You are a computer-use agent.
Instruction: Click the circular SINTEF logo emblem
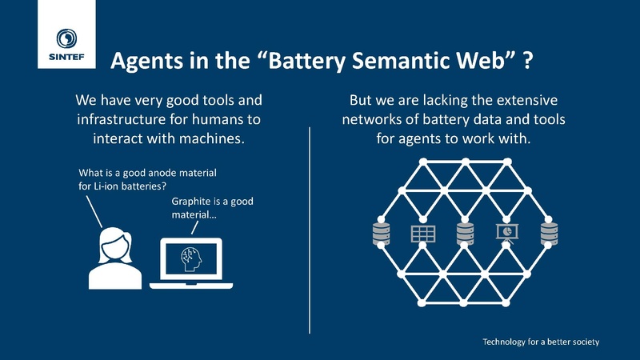coord(67,38)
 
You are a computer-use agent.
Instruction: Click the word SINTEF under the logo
coord(67,58)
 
